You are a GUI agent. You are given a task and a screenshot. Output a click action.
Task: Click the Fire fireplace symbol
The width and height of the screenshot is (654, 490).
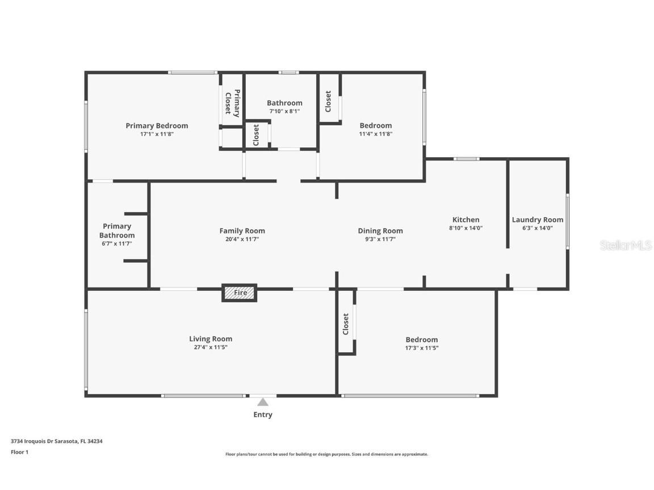(239, 293)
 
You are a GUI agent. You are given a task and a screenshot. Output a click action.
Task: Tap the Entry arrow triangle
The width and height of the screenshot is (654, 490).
(262, 402)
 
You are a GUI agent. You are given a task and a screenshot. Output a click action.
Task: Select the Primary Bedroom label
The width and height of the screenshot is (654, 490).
(157, 126)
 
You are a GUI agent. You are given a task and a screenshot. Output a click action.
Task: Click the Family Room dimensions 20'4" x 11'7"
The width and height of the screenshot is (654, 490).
(242, 239)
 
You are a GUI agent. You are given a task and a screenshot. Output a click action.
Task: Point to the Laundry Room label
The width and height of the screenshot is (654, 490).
(538, 220)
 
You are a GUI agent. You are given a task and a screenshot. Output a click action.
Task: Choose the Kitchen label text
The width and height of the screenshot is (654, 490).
(466, 219)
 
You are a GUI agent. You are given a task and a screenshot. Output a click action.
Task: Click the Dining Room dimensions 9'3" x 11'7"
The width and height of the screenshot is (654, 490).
(380, 239)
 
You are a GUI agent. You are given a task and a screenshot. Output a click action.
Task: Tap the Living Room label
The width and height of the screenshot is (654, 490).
(211, 339)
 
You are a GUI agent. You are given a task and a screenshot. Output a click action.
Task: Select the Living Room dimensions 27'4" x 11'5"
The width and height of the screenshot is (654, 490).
(211, 347)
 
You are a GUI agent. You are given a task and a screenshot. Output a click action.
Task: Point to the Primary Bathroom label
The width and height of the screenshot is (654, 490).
(117, 231)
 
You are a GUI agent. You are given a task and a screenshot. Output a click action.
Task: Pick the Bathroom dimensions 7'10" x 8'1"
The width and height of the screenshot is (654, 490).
(284, 111)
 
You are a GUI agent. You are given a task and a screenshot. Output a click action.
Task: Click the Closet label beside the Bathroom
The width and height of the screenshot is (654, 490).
(256, 135)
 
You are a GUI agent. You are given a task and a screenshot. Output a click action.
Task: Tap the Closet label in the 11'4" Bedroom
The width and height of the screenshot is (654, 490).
(328, 102)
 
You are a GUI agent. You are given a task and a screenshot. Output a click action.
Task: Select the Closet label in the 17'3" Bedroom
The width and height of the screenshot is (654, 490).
(346, 324)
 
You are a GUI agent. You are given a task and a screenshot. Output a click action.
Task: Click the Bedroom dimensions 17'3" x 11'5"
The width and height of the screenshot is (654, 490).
(421, 348)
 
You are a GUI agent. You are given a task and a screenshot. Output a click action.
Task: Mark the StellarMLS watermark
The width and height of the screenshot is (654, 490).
(626, 245)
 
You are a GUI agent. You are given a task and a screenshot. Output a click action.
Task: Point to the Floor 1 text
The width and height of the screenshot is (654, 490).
(19, 452)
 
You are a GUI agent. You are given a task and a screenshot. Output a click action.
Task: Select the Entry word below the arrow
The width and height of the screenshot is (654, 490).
(262, 415)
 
